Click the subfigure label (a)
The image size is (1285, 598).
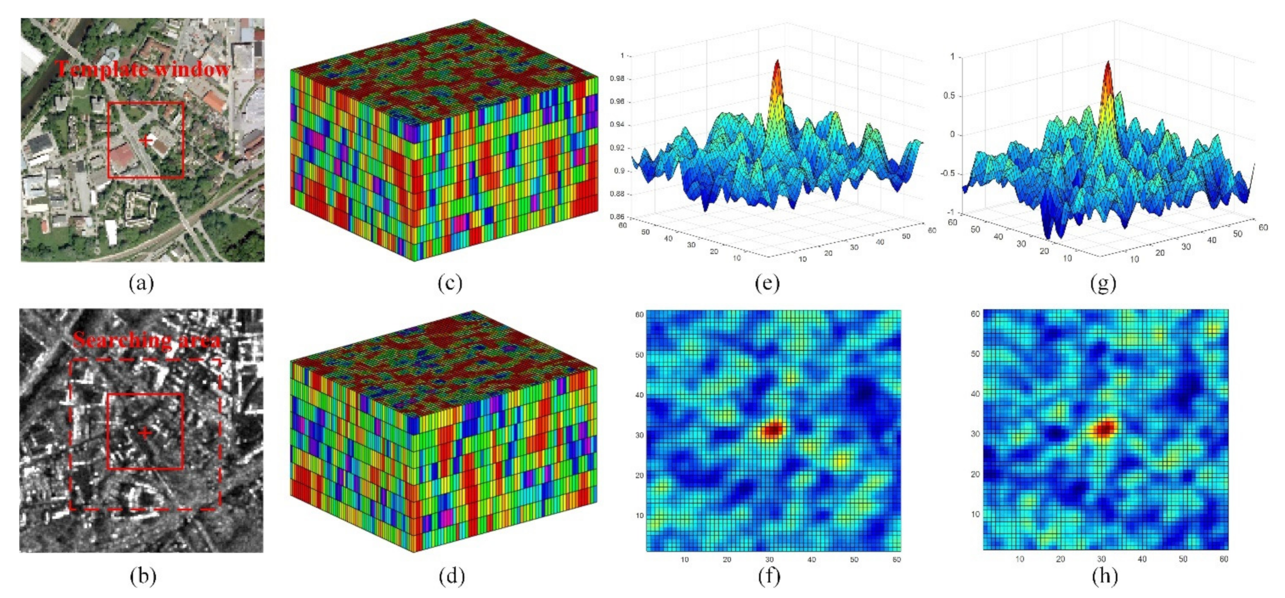[141, 283]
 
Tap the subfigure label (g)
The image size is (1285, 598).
[1103, 283]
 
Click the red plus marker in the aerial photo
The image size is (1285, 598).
[146, 140]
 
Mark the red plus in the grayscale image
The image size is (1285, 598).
[145, 433]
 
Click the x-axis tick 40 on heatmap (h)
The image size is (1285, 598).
[1142, 559]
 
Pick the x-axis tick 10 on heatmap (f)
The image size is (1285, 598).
[684, 560]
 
